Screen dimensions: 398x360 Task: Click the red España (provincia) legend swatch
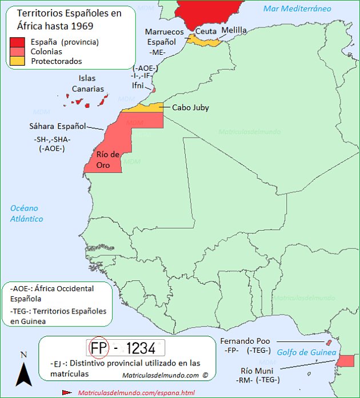coord(17,42)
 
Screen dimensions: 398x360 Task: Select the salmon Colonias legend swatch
coord(17,51)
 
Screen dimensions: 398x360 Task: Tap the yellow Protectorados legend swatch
coord(17,61)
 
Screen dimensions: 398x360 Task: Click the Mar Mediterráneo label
coord(297,9)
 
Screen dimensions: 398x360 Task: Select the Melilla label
coord(234,30)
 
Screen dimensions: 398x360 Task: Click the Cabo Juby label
coord(190,107)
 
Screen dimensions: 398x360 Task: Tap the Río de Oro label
coord(107,159)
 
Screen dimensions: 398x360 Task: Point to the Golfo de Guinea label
coord(306,353)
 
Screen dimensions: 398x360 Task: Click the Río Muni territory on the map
coord(346,361)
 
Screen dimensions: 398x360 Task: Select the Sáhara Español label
coord(57,126)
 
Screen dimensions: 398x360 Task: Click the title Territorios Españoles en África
coord(69,19)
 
